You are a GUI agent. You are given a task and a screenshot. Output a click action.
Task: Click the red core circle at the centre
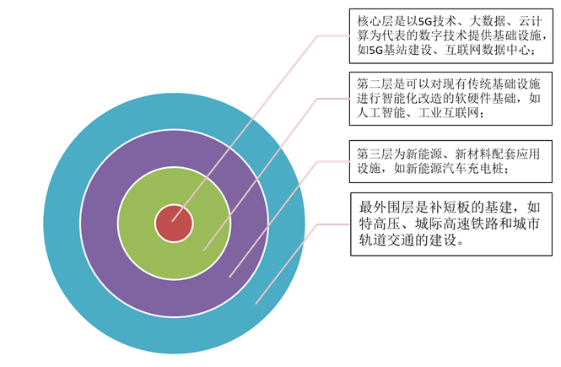[x=174, y=224]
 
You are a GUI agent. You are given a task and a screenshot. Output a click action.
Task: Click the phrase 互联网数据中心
[x=489, y=50]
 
